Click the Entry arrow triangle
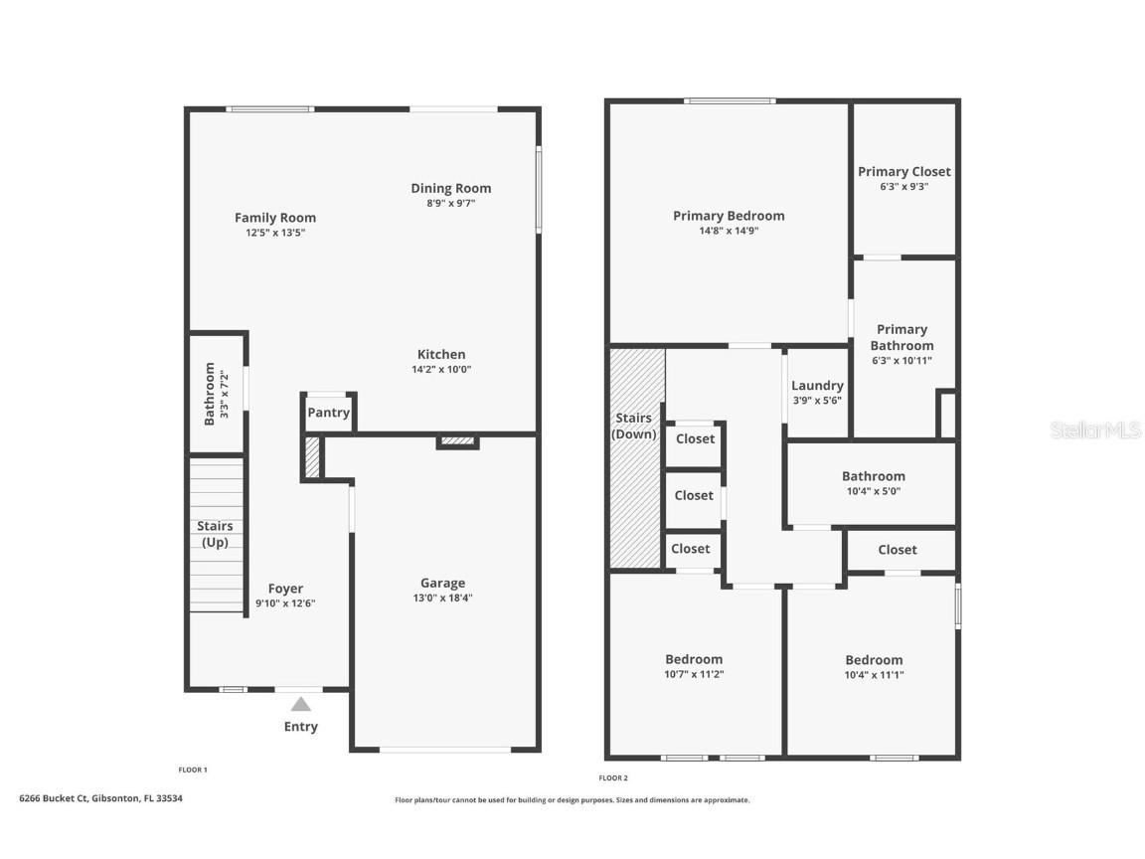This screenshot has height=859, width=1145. click(300, 704)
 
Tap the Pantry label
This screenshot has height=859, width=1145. click(328, 413)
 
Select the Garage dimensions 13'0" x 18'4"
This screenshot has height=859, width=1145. click(442, 599)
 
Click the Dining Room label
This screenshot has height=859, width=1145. click(451, 188)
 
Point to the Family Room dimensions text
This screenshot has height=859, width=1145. click(275, 233)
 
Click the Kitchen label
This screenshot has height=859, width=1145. click(441, 354)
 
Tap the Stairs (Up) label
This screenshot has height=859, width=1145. click(215, 534)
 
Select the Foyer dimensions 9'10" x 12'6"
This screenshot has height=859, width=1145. click(285, 603)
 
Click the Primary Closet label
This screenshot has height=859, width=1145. click(904, 171)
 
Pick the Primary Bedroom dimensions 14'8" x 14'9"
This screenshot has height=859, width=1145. click(729, 231)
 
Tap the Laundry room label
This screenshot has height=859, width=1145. click(817, 386)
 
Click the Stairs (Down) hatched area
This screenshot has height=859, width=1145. click(636, 497)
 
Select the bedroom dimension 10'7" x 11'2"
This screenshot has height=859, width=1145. click(694, 674)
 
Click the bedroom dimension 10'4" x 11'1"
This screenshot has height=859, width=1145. click(874, 675)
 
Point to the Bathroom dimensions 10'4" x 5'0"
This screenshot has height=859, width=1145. click(873, 491)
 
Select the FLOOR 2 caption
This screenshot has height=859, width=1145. click(613, 777)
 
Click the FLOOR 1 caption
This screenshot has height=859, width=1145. click(193, 770)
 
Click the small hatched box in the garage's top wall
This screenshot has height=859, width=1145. click(457, 441)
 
